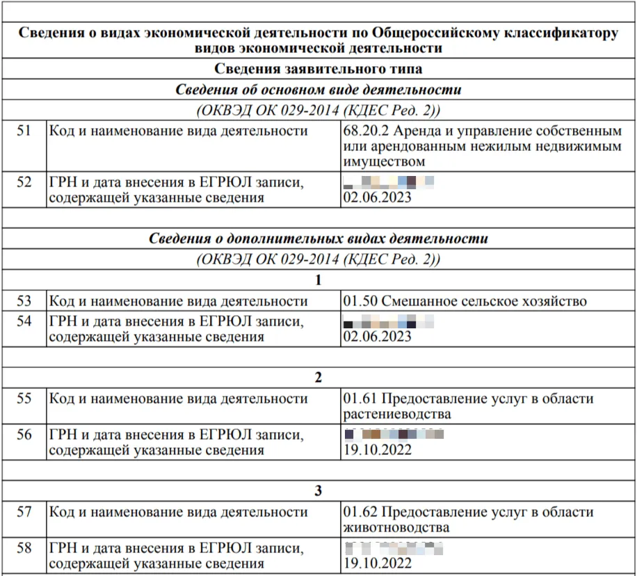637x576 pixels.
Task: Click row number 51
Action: pos(24,131)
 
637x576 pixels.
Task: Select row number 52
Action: pos(24,182)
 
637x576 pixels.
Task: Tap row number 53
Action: pos(24,301)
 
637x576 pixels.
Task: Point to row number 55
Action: pos(24,399)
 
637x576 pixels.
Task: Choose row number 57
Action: pos(24,512)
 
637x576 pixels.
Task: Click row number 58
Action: pos(24,547)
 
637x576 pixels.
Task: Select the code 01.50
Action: pos(360,301)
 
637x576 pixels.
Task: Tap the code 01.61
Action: pos(360,399)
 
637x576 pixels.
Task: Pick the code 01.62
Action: pos(360,512)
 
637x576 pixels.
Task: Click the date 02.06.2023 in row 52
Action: pos(378,198)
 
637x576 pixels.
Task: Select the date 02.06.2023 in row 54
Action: pos(378,337)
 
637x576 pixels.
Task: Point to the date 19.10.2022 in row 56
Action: pos(378,450)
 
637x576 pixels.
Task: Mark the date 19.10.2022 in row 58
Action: pos(378,563)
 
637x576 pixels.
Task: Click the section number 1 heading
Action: pos(318,280)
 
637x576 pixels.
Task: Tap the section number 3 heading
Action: pos(318,491)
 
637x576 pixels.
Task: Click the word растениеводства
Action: pos(397,415)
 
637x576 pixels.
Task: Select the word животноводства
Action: pos(396,527)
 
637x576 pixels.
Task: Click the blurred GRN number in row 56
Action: pos(394,435)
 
